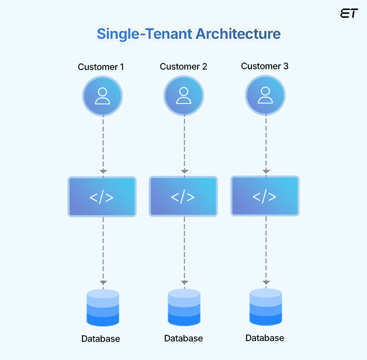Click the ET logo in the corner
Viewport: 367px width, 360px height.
[x=349, y=13]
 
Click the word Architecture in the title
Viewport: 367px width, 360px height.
[x=238, y=34]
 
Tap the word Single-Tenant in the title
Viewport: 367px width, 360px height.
[x=144, y=34]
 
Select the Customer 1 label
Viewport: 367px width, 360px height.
[x=101, y=67]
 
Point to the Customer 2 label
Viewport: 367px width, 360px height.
[x=183, y=67]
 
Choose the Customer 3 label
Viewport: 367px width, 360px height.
[x=265, y=66]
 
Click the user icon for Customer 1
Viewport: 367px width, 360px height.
[x=102, y=96]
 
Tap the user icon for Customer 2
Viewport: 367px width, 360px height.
[x=184, y=96]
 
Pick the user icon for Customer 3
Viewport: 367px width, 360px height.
[x=265, y=95]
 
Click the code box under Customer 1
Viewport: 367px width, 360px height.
[x=102, y=197]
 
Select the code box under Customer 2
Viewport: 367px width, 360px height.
[x=183, y=197]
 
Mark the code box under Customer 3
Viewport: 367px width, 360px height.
[x=265, y=196]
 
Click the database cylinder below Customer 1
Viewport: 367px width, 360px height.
[x=103, y=307]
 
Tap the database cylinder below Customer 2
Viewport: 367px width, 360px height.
[x=184, y=307]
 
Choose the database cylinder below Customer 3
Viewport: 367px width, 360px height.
[x=266, y=307]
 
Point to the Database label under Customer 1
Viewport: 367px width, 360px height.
[x=101, y=339]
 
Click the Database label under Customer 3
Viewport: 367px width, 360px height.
[x=265, y=338]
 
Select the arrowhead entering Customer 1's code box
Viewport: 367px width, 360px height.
[x=103, y=172]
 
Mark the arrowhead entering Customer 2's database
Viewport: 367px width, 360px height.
[x=185, y=282]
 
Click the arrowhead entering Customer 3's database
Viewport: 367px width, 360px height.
[x=266, y=282]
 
